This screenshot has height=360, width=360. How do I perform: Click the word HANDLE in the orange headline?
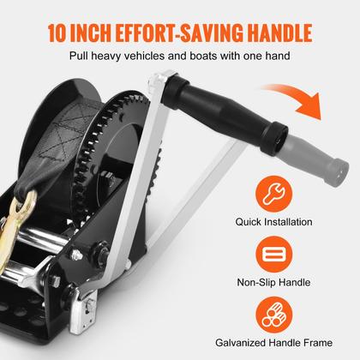point(279,33)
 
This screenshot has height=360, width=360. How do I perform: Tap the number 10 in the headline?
point(57,33)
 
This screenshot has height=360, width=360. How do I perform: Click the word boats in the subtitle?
point(203,56)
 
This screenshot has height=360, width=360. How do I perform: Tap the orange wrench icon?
point(274,194)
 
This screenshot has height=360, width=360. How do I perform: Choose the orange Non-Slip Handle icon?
point(274,255)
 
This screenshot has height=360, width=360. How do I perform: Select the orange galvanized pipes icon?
point(274,315)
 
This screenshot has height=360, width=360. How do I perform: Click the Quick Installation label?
point(273,222)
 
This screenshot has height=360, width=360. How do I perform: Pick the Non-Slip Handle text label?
point(273,282)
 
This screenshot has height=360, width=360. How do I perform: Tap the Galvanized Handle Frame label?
point(273,343)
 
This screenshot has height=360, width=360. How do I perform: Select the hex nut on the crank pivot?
point(102,248)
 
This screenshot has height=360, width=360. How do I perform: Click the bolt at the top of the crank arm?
point(156,81)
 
